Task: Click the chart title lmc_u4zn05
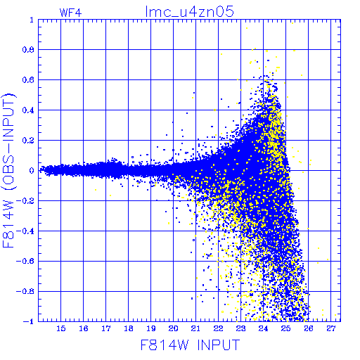click(189, 12)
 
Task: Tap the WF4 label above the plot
click(70, 13)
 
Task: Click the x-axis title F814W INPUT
click(190, 345)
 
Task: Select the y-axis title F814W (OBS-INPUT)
click(8, 170)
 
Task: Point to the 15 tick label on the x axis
click(61, 328)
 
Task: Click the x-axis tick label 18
click(129, 328)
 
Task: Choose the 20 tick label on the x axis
click(173, 328)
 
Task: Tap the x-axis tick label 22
click(218, 328)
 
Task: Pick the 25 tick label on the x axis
click(285, 328)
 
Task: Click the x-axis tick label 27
click(331, 328)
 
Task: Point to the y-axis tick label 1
click(32, 20)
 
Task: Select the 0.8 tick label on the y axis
click(28, 50)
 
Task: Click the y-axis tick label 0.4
click(28, 110)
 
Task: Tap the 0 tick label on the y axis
click(32, 171)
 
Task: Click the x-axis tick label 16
click(84, 328)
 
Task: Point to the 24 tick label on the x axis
click(263, 328)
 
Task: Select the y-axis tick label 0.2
click(28, 141)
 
